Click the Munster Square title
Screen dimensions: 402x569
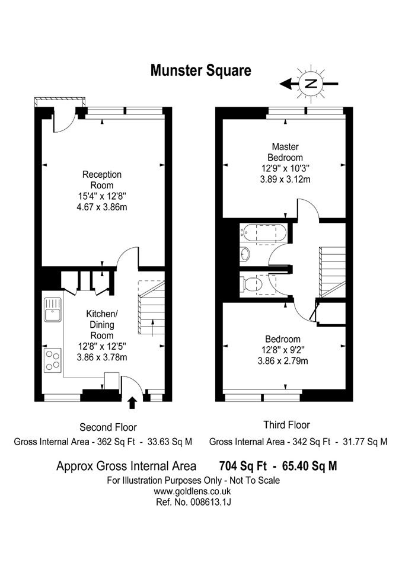[201, 71]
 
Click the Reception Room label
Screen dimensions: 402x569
[101, 180]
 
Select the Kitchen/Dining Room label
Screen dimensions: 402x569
[101, 324]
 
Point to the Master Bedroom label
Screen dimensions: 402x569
[285, 152]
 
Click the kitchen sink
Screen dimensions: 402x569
[53, 309]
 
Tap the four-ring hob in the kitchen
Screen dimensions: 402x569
[53, 360]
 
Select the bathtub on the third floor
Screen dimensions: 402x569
[264, 234]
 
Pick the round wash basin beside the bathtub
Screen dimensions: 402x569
[245, 254]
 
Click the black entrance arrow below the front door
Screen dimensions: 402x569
[132, 403]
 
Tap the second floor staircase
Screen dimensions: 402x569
[151, 308]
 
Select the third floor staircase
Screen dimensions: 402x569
[332, 272]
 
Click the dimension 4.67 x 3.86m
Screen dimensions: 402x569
[102, 207]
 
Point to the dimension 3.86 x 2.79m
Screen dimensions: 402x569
[283, 361]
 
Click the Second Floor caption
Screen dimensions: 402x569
[109, 427]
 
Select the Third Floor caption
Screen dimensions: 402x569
[286, 424]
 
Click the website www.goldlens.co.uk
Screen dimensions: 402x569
[193, 492]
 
